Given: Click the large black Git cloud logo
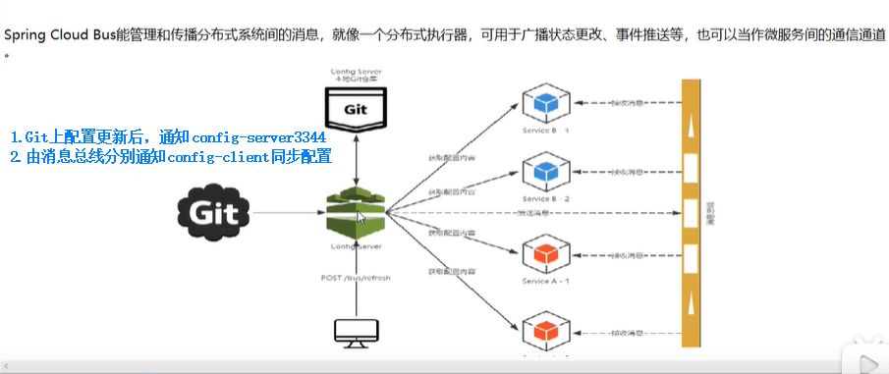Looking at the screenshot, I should pos(214,211).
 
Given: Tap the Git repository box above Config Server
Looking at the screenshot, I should pos(355,106).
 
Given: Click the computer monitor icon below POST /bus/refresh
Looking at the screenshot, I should pos(355,332).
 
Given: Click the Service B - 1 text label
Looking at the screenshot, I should pos(546,129).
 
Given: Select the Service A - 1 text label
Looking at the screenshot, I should pos(546,279).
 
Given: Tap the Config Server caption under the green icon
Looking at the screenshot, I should pos(355,246).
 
